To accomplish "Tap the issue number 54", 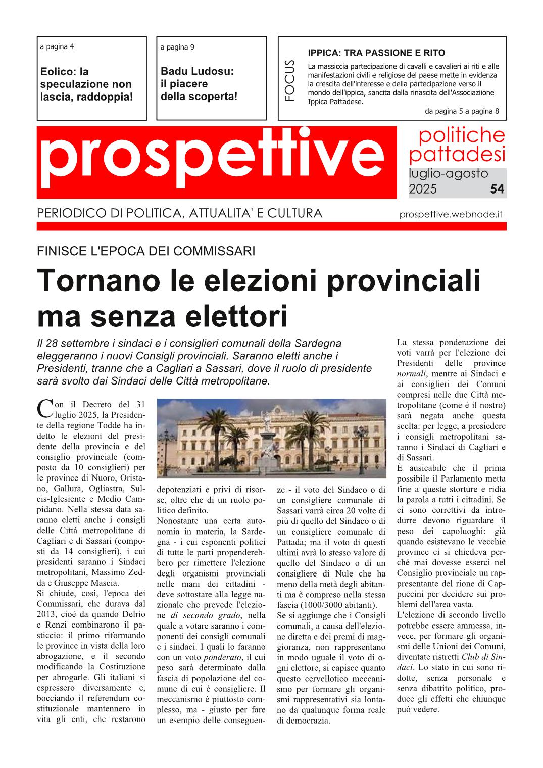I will tap(497, 189).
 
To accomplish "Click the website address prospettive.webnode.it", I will tap(451, 214).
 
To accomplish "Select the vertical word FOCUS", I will tap(289, 80).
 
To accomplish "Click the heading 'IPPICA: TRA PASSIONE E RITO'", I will tap(376, 53).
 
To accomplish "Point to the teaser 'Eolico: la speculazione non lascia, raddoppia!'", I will tap(86, 84).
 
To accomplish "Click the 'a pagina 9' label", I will tap(177, 47).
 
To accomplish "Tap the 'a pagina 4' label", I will tap(57, 46).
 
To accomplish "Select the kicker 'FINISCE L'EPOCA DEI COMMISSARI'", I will tap(146, 251).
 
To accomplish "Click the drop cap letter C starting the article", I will tap(45, 409).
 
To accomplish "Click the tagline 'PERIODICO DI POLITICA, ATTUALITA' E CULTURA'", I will tap(179, 213).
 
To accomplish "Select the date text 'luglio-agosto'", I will tap(448, 174).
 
